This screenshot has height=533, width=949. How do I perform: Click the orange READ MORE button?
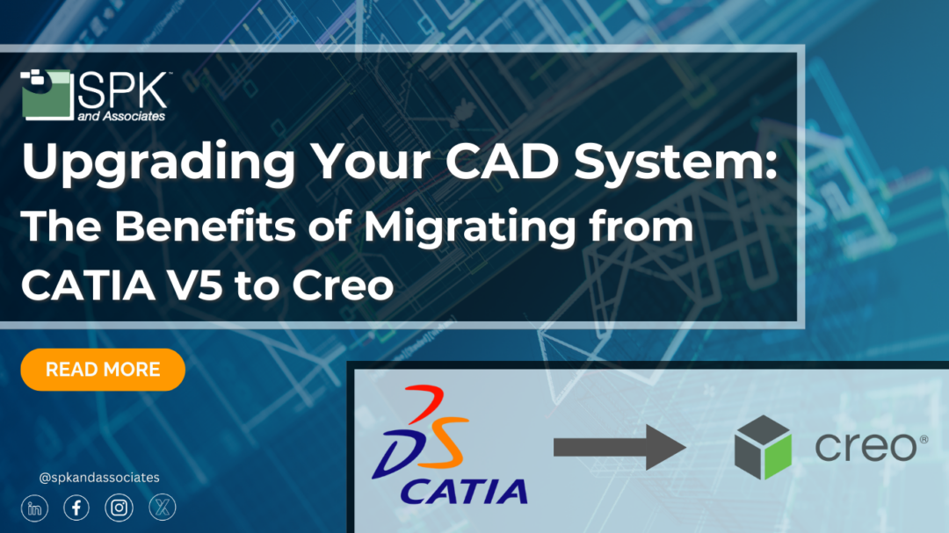(x=103, y=370)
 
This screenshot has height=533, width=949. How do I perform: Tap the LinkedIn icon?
(x=34, y=508)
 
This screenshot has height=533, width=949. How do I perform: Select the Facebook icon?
(x=76, y=508)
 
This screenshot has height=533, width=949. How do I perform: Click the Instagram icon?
(x=119, y=508)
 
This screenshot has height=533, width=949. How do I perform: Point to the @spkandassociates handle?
(x=99, y=478)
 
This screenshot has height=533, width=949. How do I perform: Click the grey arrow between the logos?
(x=619, y=449)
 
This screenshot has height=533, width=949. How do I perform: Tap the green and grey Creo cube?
(x=763, y=447)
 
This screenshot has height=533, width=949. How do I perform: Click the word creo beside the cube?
(x=865, y=448)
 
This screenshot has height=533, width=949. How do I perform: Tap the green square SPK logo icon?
(x=45, y=92)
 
